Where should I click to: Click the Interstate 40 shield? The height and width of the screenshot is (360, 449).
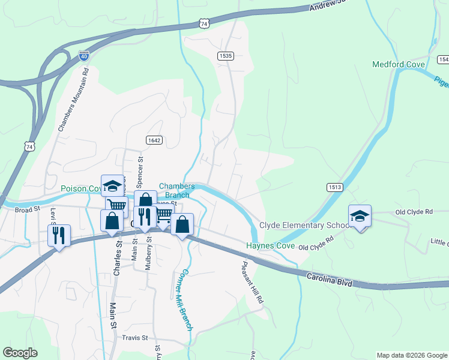coord(84,56)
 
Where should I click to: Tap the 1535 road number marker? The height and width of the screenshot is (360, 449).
coord(225,55)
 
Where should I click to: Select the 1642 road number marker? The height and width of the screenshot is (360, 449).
coord(154,140)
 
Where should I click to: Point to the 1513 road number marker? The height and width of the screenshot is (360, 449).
coord(335,187)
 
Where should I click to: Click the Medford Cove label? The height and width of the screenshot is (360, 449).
coord(399,64)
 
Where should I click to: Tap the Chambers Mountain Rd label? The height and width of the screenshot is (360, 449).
coord(73,99)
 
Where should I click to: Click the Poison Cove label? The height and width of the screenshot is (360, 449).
coord(81,188)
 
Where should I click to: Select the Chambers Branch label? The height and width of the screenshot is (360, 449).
coord(176,190)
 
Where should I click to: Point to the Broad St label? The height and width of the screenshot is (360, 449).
coord(27,209)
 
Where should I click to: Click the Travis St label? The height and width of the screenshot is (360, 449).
coord(135,338)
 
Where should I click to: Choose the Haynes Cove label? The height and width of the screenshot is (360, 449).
coord(270,246)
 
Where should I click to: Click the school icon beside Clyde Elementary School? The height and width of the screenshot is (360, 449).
coord(360,216)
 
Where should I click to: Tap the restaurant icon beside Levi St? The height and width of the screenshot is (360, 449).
coord(59,235)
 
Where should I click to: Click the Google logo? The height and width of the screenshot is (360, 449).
coord(20,353)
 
